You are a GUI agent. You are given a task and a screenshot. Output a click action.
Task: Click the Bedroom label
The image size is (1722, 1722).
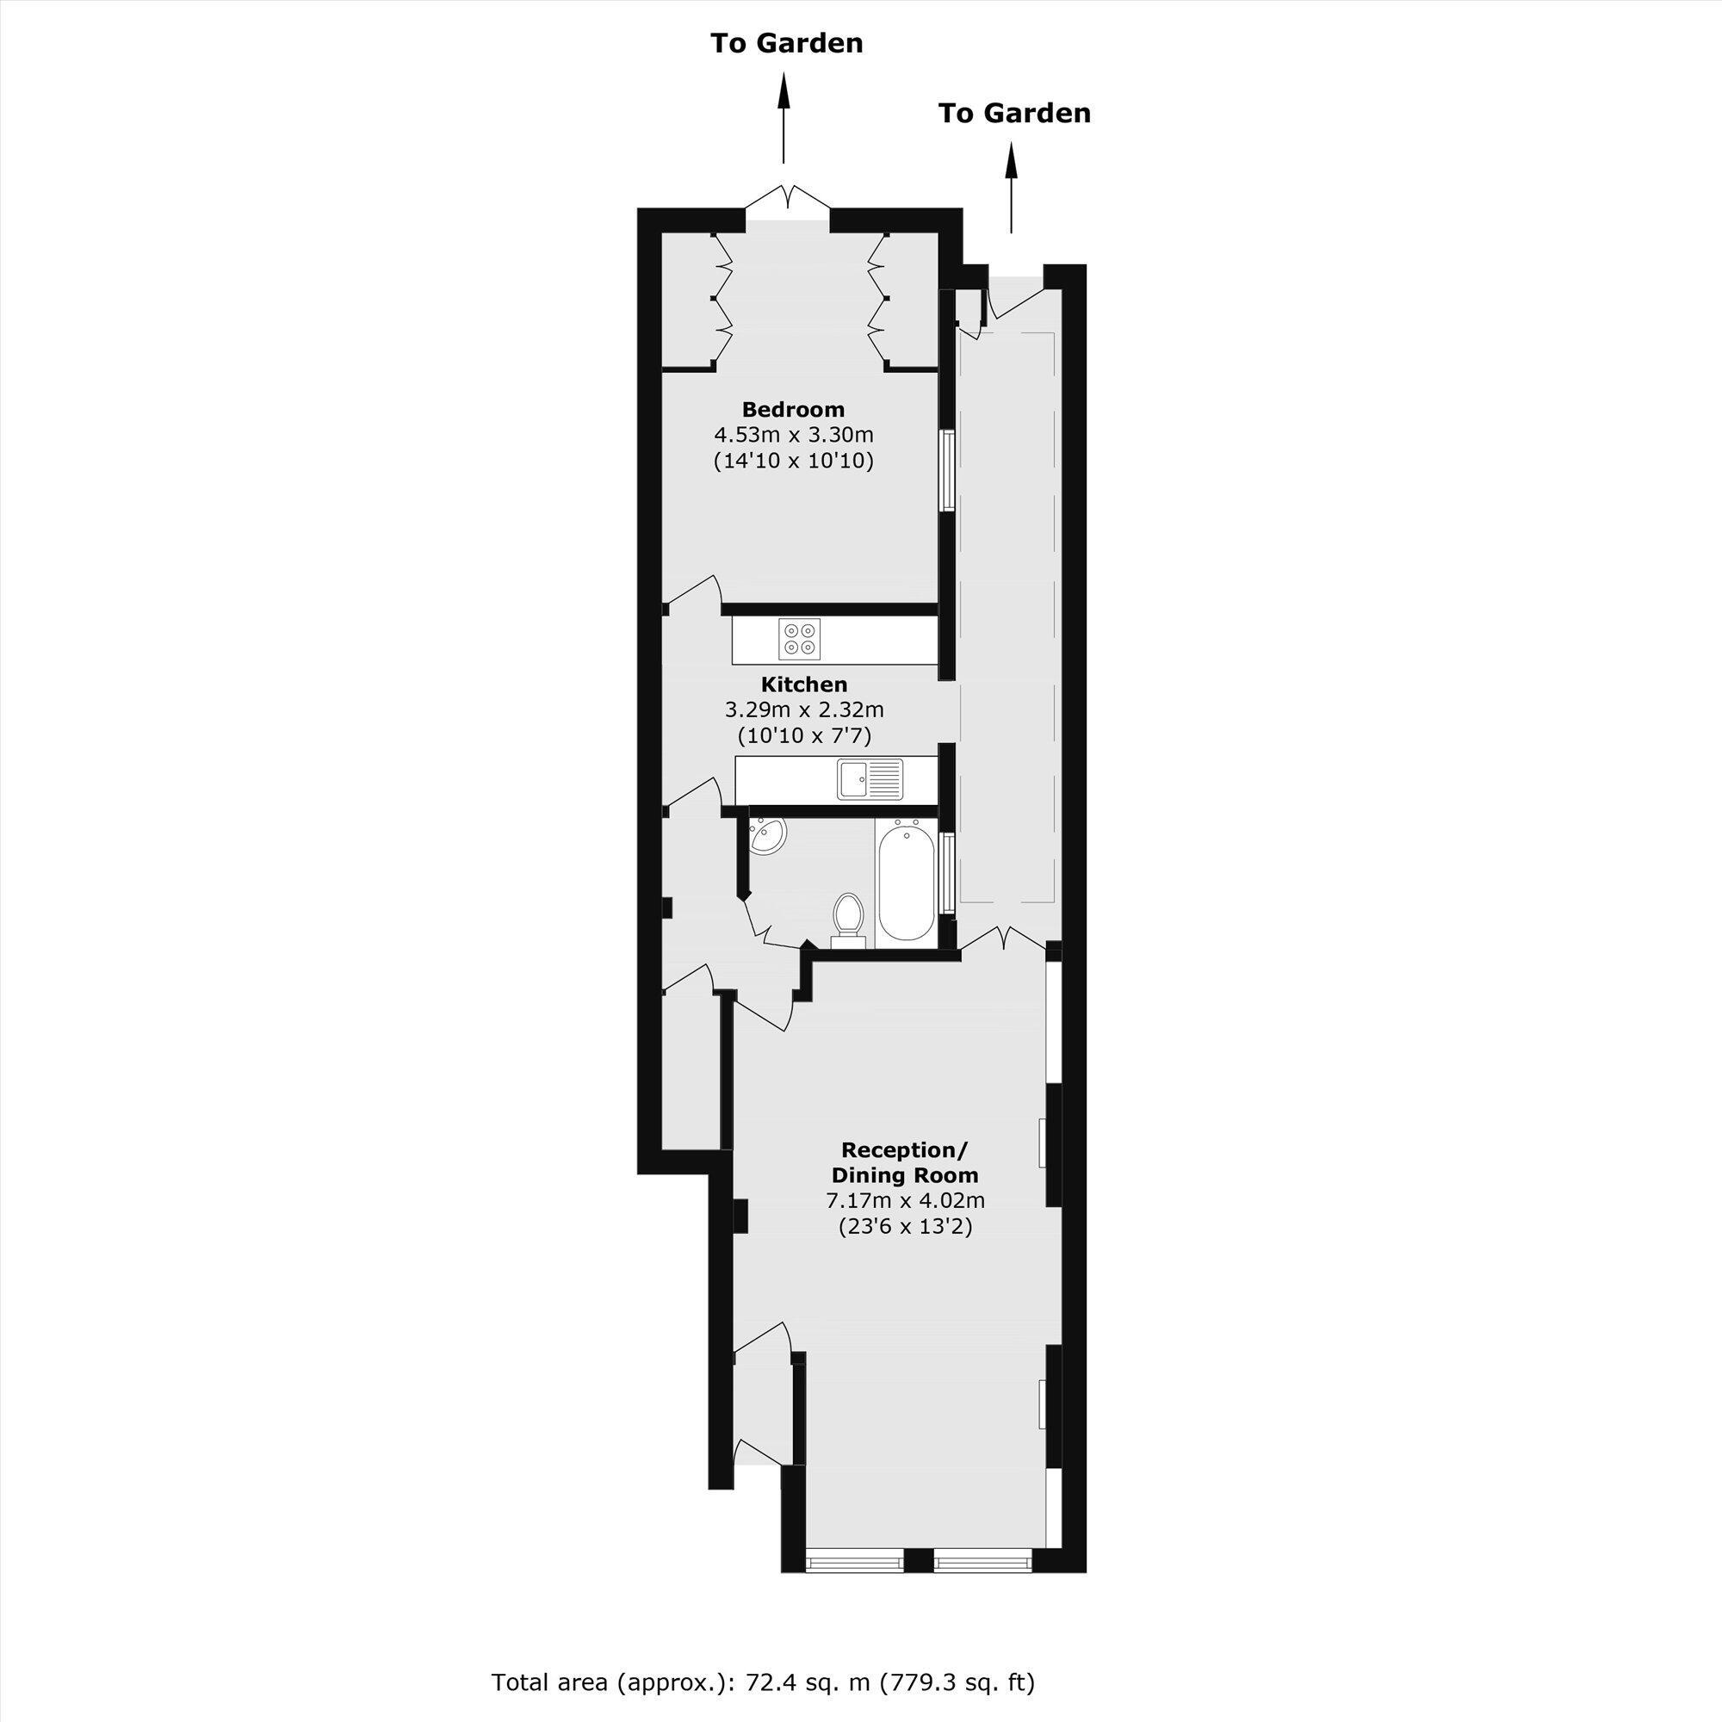coord(792,410)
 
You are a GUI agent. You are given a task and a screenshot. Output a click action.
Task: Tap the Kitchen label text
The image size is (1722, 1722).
coord(803,684)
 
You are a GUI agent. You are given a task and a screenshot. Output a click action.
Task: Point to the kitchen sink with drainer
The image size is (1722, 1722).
coord(869,778)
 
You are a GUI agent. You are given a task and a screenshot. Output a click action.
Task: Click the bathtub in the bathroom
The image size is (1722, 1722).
coord(905,883)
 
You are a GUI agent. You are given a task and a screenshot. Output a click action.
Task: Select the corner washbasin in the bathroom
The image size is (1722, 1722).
coord(765,836)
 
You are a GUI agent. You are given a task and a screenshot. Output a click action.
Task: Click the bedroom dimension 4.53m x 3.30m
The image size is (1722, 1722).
coord(792,436)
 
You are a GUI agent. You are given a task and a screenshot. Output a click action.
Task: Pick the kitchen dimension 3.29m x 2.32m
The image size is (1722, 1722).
coord(803,710)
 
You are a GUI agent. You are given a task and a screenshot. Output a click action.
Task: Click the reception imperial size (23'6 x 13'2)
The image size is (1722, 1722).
coord(905,1226)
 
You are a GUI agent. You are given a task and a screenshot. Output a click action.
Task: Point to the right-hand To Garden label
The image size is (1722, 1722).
coord(1014,113)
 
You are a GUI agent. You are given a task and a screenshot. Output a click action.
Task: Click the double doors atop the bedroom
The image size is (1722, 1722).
coord(787,201)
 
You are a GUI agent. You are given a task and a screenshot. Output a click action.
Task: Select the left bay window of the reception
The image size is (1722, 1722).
coord(853,1585)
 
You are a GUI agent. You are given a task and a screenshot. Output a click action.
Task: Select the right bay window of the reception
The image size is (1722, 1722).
coord(982,1585)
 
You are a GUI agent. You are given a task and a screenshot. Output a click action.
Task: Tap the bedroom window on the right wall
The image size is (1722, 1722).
coord(948,471)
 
